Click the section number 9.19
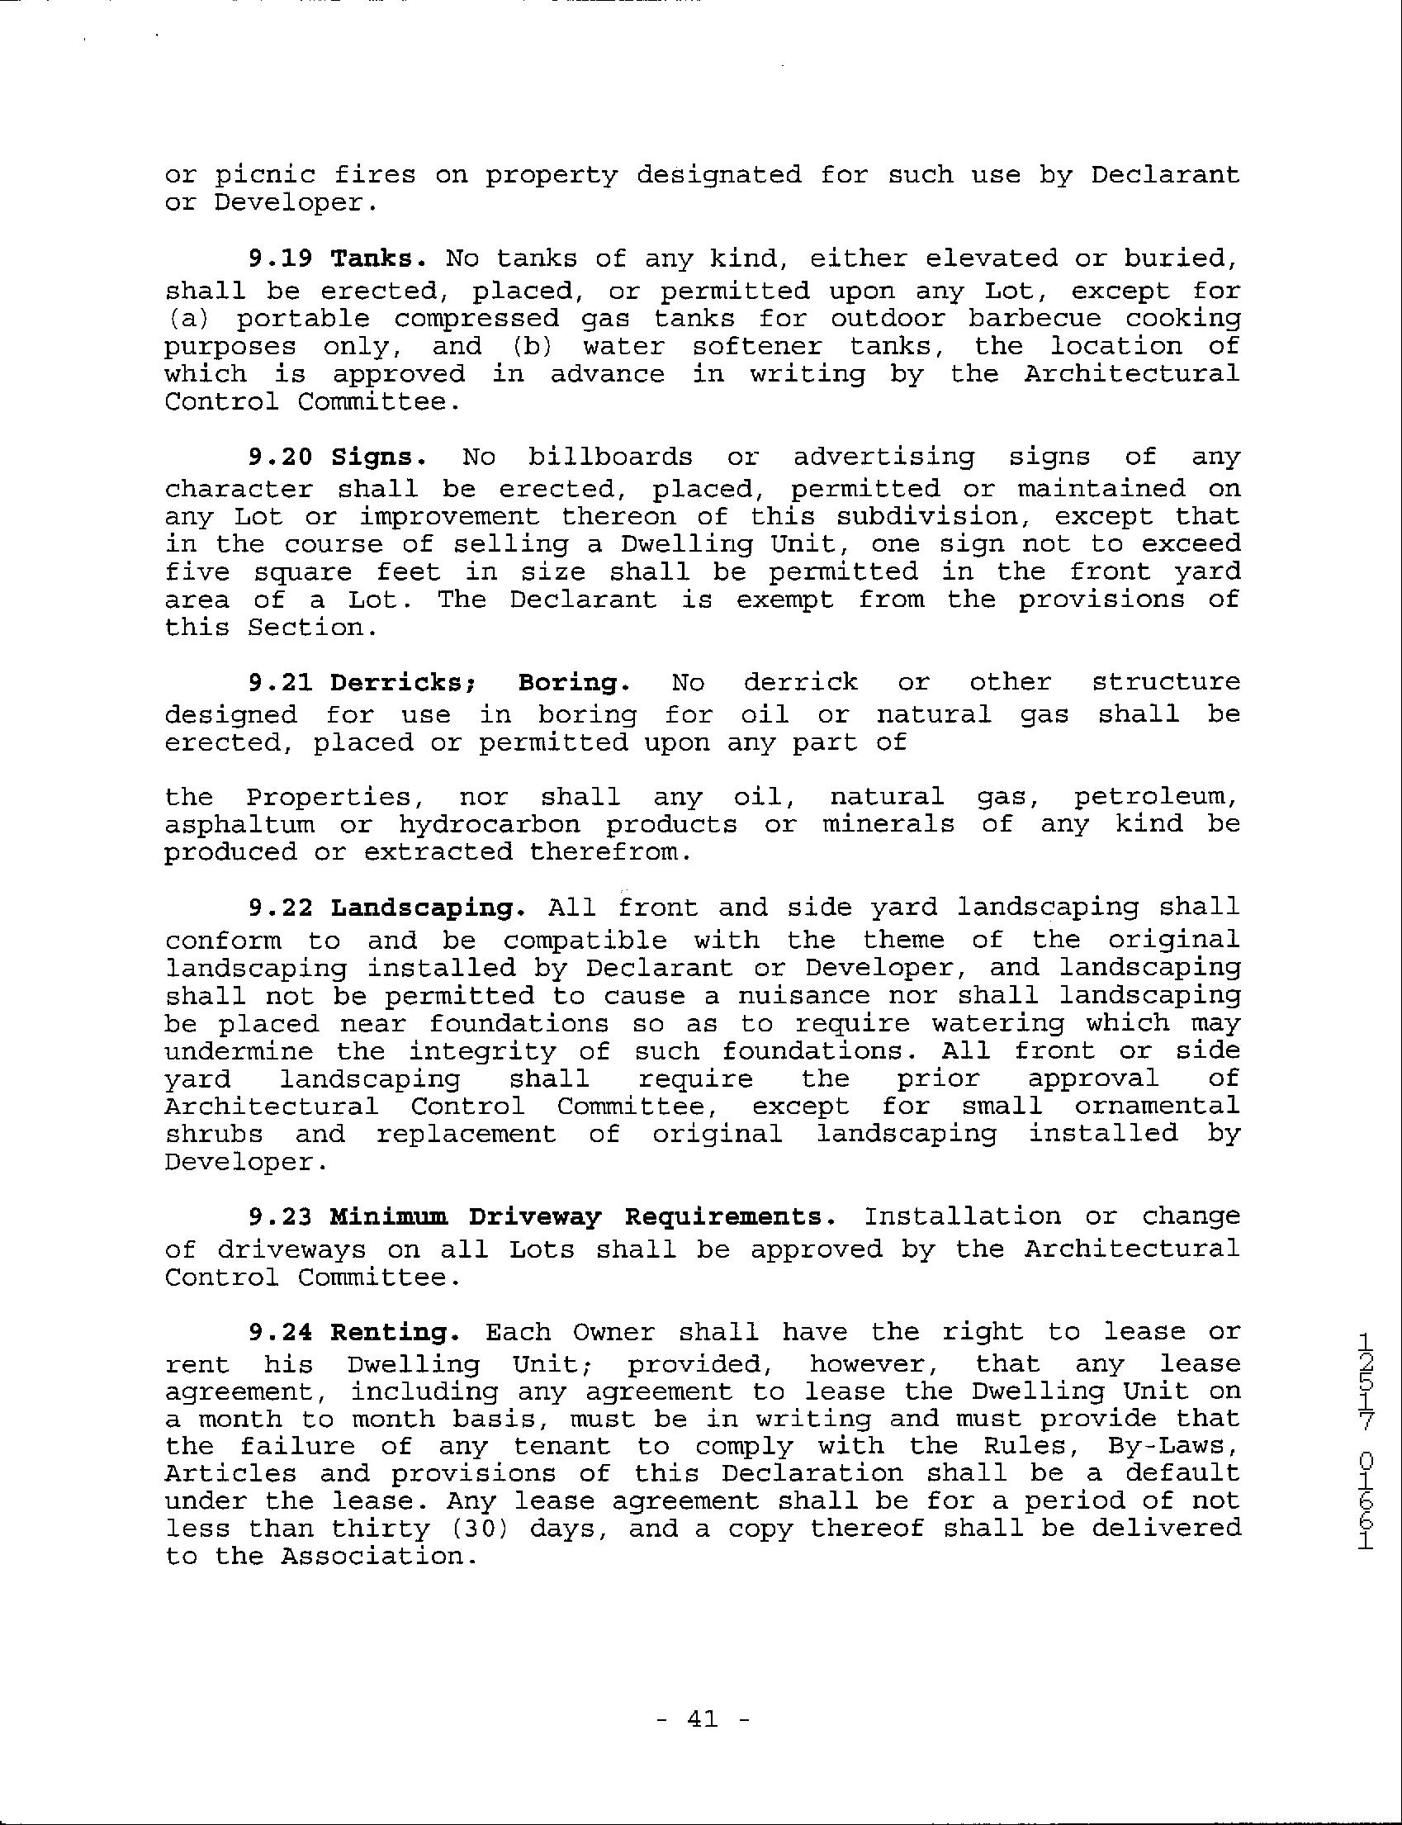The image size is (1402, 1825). pos(280,258)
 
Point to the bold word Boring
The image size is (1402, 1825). pos(573,683)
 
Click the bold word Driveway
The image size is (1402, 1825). pos(534,1216)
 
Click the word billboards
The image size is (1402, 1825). pos(610,457)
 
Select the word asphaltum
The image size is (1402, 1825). pos(239,824)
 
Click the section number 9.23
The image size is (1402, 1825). pos(280,1216)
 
